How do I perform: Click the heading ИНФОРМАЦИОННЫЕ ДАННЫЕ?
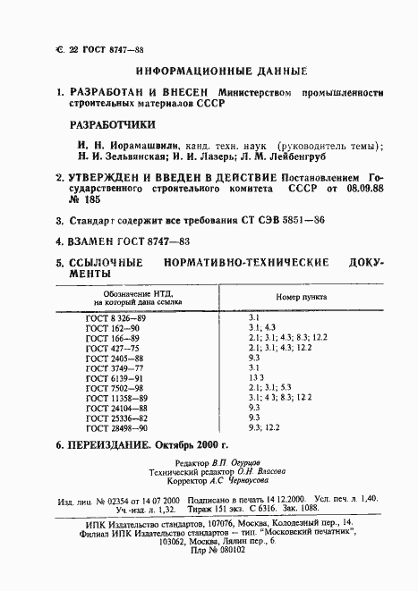point(220,70)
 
